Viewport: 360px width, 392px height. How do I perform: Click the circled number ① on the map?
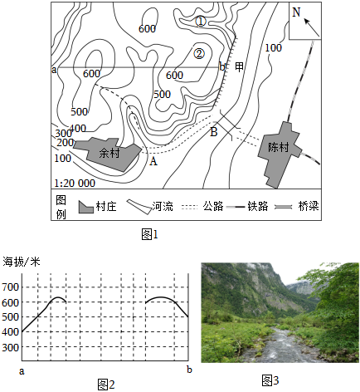[x=201, y=22]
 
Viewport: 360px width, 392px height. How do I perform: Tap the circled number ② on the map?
[x=199, y=53]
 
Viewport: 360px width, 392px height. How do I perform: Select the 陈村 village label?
[x=278, y=147]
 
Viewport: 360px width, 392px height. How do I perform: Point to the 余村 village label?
[x=109, y=153]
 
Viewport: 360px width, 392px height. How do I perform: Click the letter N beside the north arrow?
[x=296, y=12]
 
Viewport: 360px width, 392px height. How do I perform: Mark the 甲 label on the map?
[x=240, y=67]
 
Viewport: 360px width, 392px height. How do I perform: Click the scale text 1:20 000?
[x=75, y=184]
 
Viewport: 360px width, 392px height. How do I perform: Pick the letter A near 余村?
[x=153, y=161]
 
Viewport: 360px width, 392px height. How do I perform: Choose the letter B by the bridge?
[x=214, y=132]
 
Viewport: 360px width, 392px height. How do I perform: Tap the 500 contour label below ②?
[x=163, y=95]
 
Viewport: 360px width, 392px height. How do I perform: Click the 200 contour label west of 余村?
[x=66, y=143]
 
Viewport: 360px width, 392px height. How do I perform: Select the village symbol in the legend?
[x=86, y=207]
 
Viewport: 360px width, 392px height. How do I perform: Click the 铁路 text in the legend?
[x=258, y=206]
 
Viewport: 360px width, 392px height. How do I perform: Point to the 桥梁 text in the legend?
[x=309, y=206]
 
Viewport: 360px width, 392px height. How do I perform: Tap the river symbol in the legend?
[x=139, y=207]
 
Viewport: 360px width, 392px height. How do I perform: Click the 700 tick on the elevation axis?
[x=11, y=287]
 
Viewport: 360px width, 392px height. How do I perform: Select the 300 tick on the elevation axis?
[x=11, y=347]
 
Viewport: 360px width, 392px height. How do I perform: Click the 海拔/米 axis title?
[x=22, y=262]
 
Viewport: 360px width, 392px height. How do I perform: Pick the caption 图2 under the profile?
[x=106, y=385]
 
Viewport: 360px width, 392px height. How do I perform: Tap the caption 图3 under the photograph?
[x=270, y=380]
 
